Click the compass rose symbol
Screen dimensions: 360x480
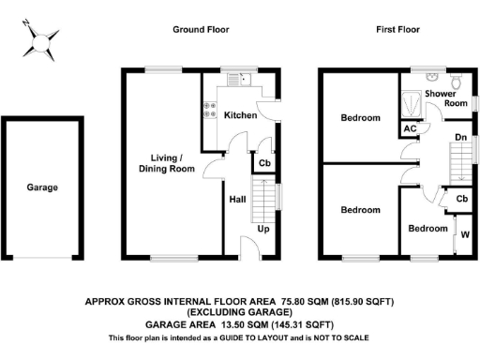point(40,39)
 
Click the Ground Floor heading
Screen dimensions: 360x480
point(200,30)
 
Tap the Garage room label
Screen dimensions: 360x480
point(42,187)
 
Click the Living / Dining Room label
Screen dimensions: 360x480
point(174,163)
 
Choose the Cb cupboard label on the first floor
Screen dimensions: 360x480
point(461,199)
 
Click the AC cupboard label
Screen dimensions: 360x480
point(410,128)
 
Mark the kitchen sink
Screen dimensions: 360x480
point(232,81)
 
